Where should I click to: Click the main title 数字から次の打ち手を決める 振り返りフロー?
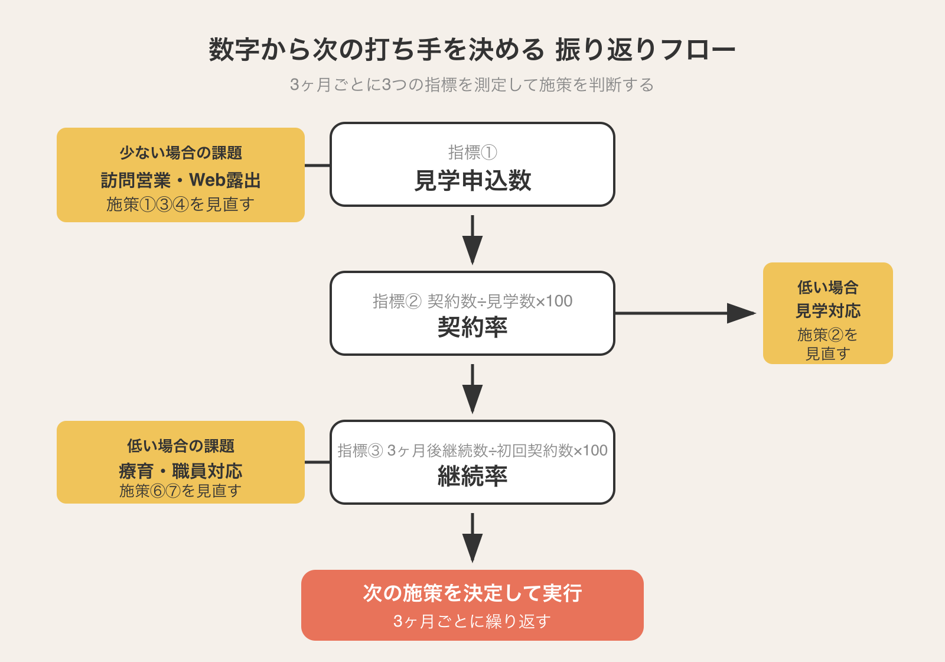click(x=472, y=50)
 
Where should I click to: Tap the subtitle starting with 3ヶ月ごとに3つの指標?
click(x=472, y=85)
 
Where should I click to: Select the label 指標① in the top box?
click(x=472, y=152)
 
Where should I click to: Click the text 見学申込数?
click(x=472, y=181)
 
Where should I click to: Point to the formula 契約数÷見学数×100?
click(x=500, y=301)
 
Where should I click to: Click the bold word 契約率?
click(x=472, y=327)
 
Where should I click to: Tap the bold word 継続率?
click(x=472, y=476)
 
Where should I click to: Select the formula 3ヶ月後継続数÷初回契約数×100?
click(x=497, y=450)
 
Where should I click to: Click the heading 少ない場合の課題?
click(x=181, y=153)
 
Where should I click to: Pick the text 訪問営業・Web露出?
click(x=181, y=180)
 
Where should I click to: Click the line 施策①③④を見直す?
click(x=181, y=205)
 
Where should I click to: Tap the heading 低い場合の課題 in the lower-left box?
click(x=181, y=446)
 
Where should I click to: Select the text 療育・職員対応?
click(x=181, y=471)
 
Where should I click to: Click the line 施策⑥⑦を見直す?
click(x=181, y=491)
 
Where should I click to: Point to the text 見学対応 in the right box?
click(x=827, y=311)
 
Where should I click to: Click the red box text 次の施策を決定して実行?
click(x=472, y=593)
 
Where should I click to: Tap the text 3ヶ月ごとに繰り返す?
click(x=472, y=621)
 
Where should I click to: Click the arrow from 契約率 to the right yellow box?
click(x=685, y=313)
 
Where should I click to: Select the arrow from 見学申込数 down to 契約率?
click(x=472, y=239)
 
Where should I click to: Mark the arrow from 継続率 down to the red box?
click(x=472, y=537)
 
